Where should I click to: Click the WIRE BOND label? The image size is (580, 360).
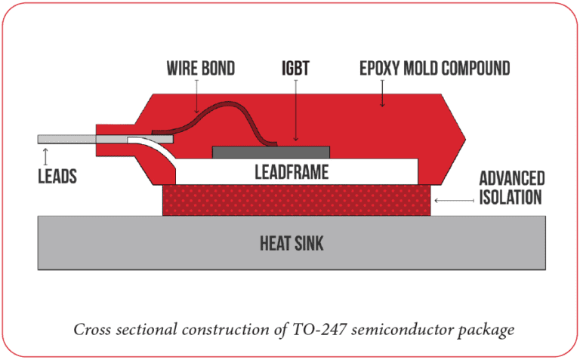[x=200, y=69]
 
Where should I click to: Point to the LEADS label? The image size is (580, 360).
[x=57, y=177]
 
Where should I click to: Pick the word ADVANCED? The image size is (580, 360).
[x=511, y=179]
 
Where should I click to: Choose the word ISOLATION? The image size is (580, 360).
[x=511, y=198]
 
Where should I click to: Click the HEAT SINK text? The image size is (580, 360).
[x=292, y=243]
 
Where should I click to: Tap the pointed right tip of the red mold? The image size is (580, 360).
[x=465, y=138]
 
